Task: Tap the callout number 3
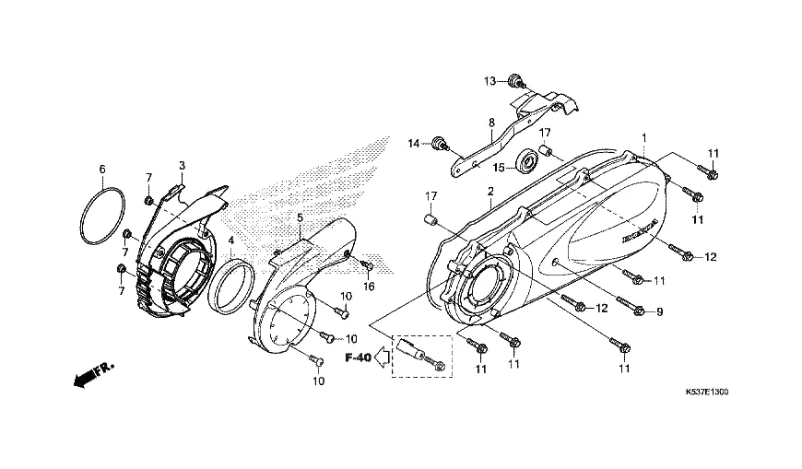(183, 165)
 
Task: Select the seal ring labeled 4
(231, 286)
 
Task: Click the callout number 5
(300, 217)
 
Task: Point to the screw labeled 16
(367, 265)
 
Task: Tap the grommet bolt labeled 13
(515, 81)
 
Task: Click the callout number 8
(491, 123)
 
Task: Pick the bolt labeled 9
(631, 305)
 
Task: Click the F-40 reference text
(358, 358)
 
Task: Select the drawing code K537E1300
(707, 392)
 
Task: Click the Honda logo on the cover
(640, 231)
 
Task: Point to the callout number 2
(490, 192)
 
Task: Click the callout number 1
(644, 137)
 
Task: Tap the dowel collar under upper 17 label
(545, 151)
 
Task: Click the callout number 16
(368, 287)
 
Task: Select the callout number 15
(499, 168)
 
